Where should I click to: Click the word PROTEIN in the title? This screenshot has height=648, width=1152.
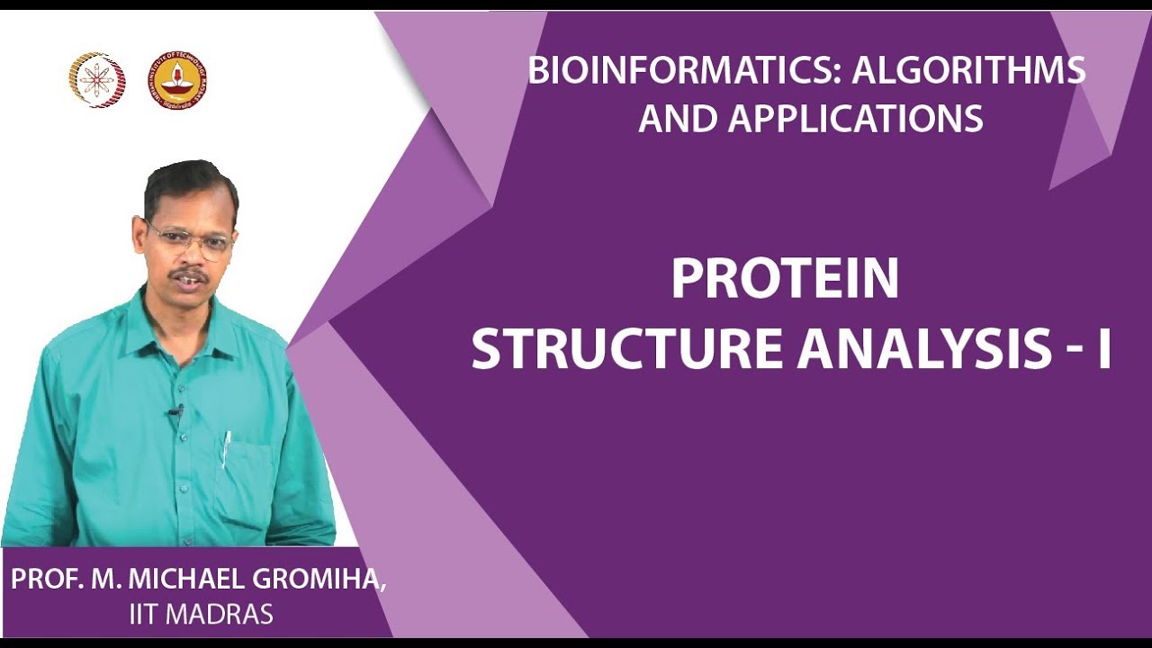point(785,280)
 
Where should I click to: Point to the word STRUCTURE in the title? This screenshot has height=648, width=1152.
point(628,350)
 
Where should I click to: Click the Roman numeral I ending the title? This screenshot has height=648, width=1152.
point(1103,350)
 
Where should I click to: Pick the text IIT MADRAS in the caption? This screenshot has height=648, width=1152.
point(201,615)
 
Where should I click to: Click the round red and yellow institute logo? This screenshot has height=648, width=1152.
point(179,80)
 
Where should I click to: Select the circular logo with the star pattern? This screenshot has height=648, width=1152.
point(97,80)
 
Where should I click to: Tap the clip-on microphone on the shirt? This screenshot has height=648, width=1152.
point(174,413)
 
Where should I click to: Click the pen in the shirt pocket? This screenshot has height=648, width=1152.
point(227,447)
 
